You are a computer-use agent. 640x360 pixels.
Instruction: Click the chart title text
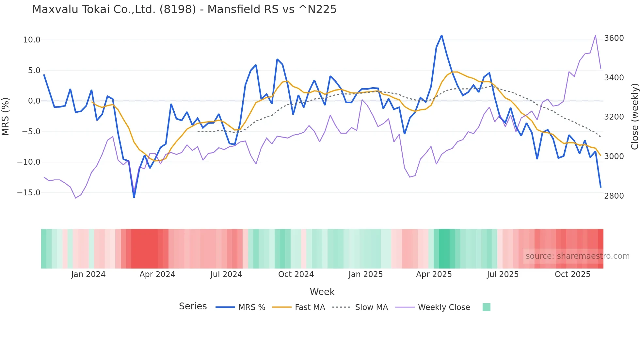pyautogui.click(x=184, y=9)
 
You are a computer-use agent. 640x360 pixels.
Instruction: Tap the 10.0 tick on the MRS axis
pyautogui.click(x=32, y=40)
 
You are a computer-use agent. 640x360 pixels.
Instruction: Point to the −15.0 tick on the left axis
pyautogui.click(x=29, y=193)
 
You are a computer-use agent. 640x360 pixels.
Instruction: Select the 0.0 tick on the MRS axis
pyautogui.click(x=34, y=101)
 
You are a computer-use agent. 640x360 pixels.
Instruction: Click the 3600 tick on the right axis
pyautogui.click(x=614, y=38)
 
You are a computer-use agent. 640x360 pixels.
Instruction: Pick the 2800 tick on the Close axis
pyautogui.click(x=614, y=196)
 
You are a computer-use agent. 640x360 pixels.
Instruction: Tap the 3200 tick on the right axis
pyautogui.click(x=614, y=117)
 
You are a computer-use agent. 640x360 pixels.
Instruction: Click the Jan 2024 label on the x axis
pyautogui.click(x=88, y=274)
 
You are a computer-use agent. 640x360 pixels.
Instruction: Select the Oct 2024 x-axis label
pyautogui.click(x=296, y=274)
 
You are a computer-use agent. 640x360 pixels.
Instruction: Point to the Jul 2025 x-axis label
pyautogui.click(x=503, y=274)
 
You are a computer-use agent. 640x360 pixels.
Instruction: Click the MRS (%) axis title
pyautogui.click(x=6, y=116)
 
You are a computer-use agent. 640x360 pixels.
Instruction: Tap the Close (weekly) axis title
pyautogui.click(x=634, y=117)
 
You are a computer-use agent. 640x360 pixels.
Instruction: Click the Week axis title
pyautogui.click(x=322, y=292)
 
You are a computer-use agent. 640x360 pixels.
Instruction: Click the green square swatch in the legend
pyautogui.click(x=486, y=307)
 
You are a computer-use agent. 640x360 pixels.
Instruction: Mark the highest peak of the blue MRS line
pyautogui.click(x=441, y=35)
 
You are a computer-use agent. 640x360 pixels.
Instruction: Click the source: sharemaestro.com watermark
pyautogui.click(x=577, y=256)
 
